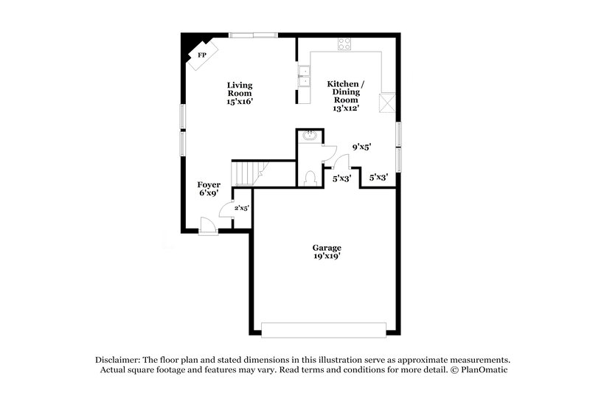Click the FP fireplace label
click(x=201, y=55)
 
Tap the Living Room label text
click(x=240, y=89)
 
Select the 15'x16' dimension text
click(x=240, y=102)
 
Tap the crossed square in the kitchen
click(x=388, y=102)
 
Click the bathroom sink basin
click(x=309, y=136)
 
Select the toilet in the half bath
click(x=310, y=177)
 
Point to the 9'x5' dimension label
click(x=361, y=147)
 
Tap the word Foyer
click(x=209, y=184)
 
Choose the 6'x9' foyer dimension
click(x=209, y=193)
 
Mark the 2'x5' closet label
click(x=242, y=208)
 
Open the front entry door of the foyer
click(x=209, y=225)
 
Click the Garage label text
click(x=326, y=248)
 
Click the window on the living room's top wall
click(x=253, y=35)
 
